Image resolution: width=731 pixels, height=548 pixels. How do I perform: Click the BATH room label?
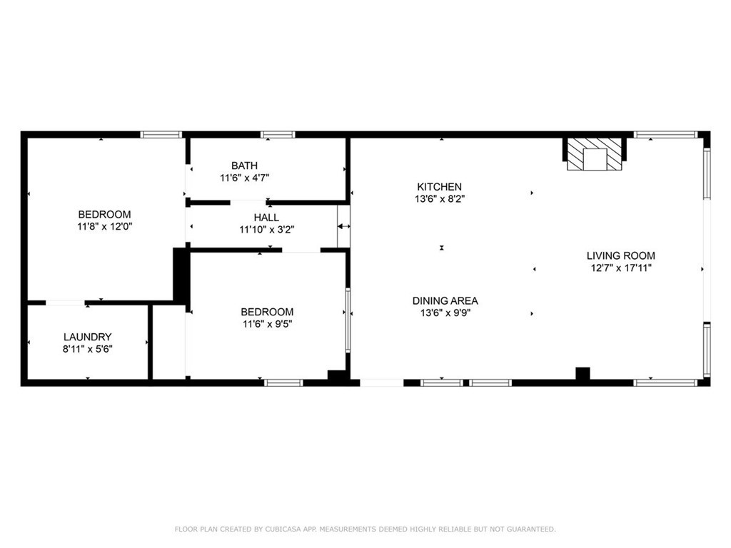tap(244, 166)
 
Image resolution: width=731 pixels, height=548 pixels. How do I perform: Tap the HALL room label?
tap(266, 218)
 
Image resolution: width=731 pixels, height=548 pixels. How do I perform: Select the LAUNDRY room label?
tap(87, 337)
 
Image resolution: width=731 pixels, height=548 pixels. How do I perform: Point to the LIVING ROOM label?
tap(620, 255)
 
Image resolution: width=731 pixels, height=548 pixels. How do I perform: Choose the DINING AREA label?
tap(445, 300)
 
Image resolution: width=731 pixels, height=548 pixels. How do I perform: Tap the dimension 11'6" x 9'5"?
tap(267, 324)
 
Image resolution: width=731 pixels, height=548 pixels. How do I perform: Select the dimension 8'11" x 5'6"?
tap(87, 349)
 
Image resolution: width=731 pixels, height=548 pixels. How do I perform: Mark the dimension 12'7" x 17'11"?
tap(620, 268)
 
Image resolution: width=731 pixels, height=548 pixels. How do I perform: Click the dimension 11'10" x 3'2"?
tap(266, 230)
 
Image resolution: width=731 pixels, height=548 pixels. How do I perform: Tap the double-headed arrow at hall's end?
tap(344, 226)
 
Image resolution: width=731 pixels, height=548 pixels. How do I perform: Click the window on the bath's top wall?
tap(278, 134)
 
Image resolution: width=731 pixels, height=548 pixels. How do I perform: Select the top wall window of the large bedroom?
tap(161, 134)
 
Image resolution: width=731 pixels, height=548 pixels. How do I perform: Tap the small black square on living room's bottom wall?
tap(583, 373)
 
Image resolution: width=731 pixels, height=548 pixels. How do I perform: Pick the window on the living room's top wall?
tap(665, 134)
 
